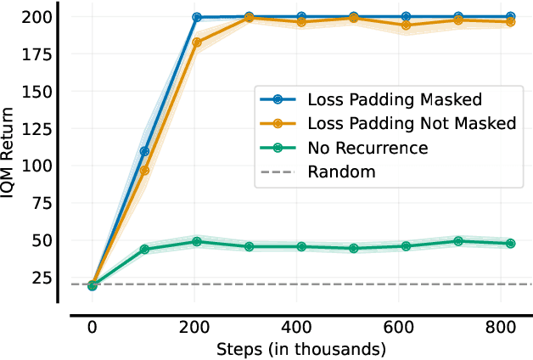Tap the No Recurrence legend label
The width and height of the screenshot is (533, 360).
coord(367,148)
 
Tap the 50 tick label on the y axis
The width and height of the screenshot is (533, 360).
coord(36,240)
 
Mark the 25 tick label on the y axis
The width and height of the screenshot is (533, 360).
coord(36,278)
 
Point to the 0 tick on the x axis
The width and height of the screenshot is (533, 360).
coord(92,328)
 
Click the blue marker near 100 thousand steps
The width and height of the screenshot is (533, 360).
coord(144,151)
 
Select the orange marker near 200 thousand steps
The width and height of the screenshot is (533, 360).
coord(197,42)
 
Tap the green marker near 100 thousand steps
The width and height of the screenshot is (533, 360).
coord(144,250)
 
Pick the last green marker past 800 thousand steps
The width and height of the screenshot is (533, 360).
coord(510,244)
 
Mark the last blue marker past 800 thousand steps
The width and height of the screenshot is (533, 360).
coord(510,16)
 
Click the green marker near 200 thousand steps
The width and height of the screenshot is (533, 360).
coord(197,242)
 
